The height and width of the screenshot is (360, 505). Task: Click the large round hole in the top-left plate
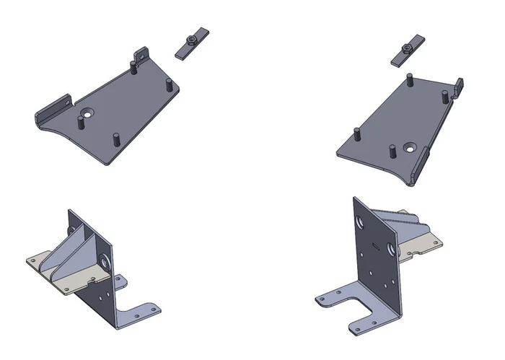(87, 113)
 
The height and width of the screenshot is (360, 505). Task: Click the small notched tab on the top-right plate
(458, 87)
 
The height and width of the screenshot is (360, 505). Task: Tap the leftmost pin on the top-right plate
(356, 134)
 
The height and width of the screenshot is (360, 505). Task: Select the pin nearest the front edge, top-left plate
(115, 139)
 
